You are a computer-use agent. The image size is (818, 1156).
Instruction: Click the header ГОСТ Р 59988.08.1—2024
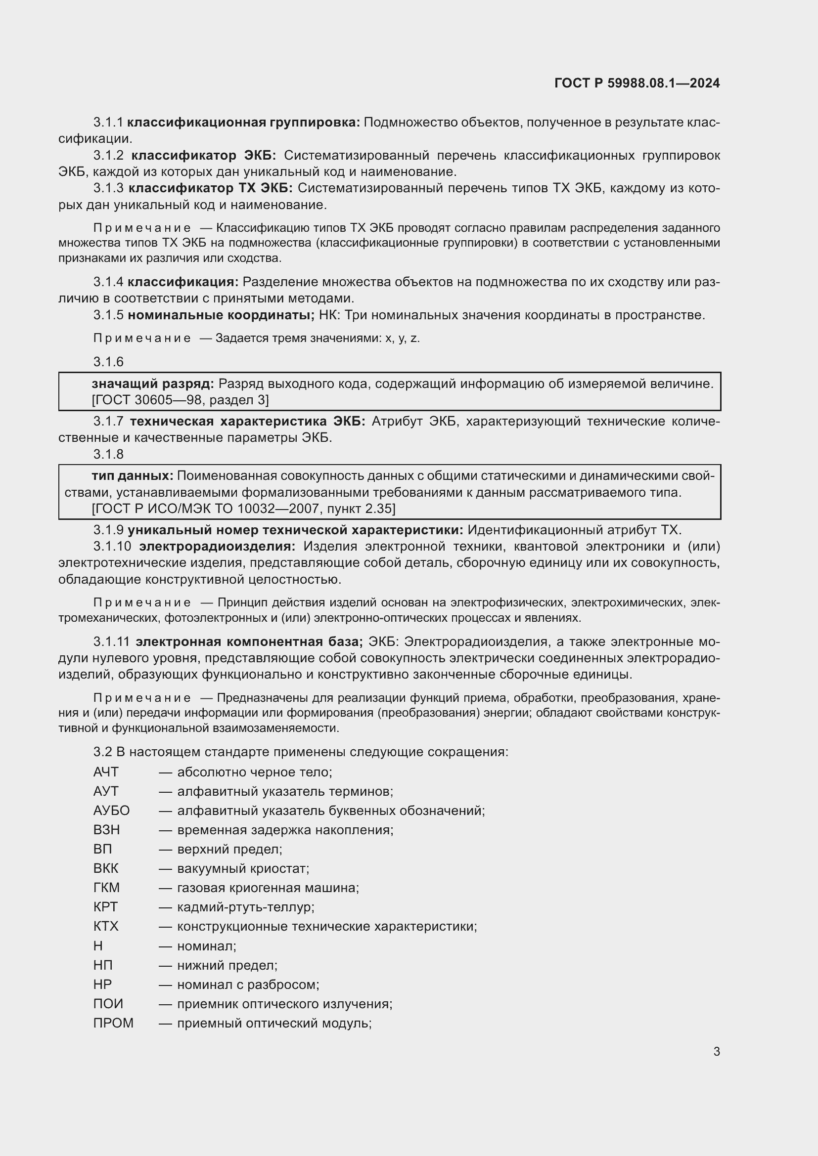(x=636, y=83)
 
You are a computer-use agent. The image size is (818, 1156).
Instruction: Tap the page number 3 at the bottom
(x=716, y=1051)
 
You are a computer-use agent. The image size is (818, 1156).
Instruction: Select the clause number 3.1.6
(x=108, y=361)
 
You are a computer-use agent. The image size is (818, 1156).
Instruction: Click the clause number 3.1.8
(x=108, y=454)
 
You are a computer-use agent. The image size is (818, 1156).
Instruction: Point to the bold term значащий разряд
(x=153, y=384)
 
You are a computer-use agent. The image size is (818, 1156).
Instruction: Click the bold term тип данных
(x=133, y=476)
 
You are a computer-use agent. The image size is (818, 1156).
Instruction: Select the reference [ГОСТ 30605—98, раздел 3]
(x=181, y=400)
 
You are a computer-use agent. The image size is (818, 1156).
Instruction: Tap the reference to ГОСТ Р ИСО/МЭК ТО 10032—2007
(x=243, y=509)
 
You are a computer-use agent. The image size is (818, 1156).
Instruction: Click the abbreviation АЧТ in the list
(x=106, y=772)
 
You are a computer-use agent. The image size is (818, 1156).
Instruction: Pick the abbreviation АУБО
(x=111, y=811)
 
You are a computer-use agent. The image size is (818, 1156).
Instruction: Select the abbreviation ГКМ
(x=106, y=888)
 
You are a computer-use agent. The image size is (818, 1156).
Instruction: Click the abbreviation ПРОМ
(x=113, y=1023)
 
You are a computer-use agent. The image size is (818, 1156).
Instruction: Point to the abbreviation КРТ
(x=105, y=907)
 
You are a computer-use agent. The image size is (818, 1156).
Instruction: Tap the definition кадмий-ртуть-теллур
(x=246, y=907)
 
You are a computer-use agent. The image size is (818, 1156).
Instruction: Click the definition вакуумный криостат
(x=243, y=868)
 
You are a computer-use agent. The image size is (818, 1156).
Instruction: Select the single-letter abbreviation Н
(x=98, y=945)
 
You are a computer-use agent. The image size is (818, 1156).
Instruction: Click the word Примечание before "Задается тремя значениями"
(x=142, y=338)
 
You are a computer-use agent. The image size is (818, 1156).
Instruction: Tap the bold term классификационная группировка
(x=243, y=123)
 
